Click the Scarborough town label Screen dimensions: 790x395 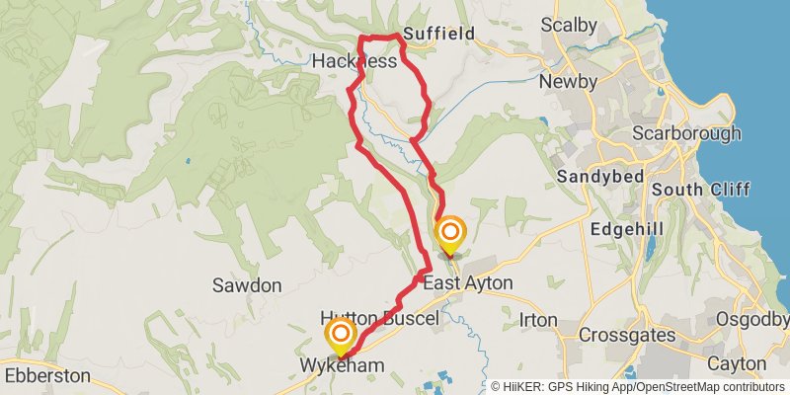click(685, 132)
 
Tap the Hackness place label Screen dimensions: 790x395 click(354, 61)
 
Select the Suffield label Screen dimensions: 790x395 click(438, 34)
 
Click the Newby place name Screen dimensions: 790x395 click(568, 81)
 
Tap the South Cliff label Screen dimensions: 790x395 click(700, 190)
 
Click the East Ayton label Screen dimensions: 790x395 click(468, 283)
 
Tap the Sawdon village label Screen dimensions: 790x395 click(247, 285)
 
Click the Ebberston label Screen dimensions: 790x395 click(46, 376)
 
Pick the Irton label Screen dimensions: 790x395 click(538, 320)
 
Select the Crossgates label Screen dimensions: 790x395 click(628, 336)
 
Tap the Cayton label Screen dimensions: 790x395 click(737, 364)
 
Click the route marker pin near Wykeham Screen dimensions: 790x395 click(341, 336)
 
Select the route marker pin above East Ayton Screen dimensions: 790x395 click(450, 235)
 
